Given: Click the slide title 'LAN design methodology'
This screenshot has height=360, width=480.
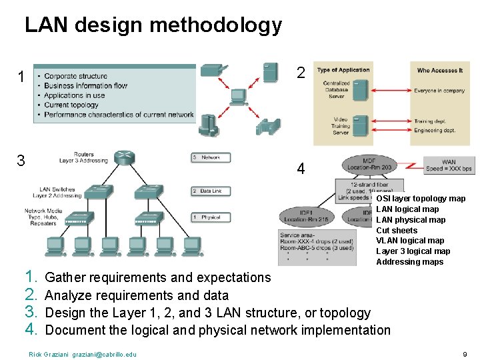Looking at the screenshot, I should tap(153, 25).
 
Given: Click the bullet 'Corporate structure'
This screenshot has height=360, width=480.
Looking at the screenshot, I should tap(75, 76).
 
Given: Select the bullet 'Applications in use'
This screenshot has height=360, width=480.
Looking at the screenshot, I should tap(74, 95).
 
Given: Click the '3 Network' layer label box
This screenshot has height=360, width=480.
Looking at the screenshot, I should tap(210, 158).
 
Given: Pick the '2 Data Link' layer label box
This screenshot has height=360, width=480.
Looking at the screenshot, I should tap(210, 191).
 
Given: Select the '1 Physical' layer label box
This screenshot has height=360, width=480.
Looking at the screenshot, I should tap(210, 217).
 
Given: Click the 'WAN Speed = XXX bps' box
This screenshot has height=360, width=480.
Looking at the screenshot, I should tap(448, 165).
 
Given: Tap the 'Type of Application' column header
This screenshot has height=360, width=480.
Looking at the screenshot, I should tap(343, 70).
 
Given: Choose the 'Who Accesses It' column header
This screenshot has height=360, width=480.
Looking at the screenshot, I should tap(439, 70).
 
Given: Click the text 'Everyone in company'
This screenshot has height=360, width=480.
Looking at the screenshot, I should tap(439, 90).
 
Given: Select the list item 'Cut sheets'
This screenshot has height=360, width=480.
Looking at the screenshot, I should tap(397, 231).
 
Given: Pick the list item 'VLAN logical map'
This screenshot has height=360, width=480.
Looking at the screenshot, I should tap(410, 241).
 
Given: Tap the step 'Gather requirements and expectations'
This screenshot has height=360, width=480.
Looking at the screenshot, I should tap(157, 277).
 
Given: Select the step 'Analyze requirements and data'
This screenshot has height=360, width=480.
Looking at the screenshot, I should tap(136, 295).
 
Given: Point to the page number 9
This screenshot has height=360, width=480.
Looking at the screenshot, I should tap(465, 354).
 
